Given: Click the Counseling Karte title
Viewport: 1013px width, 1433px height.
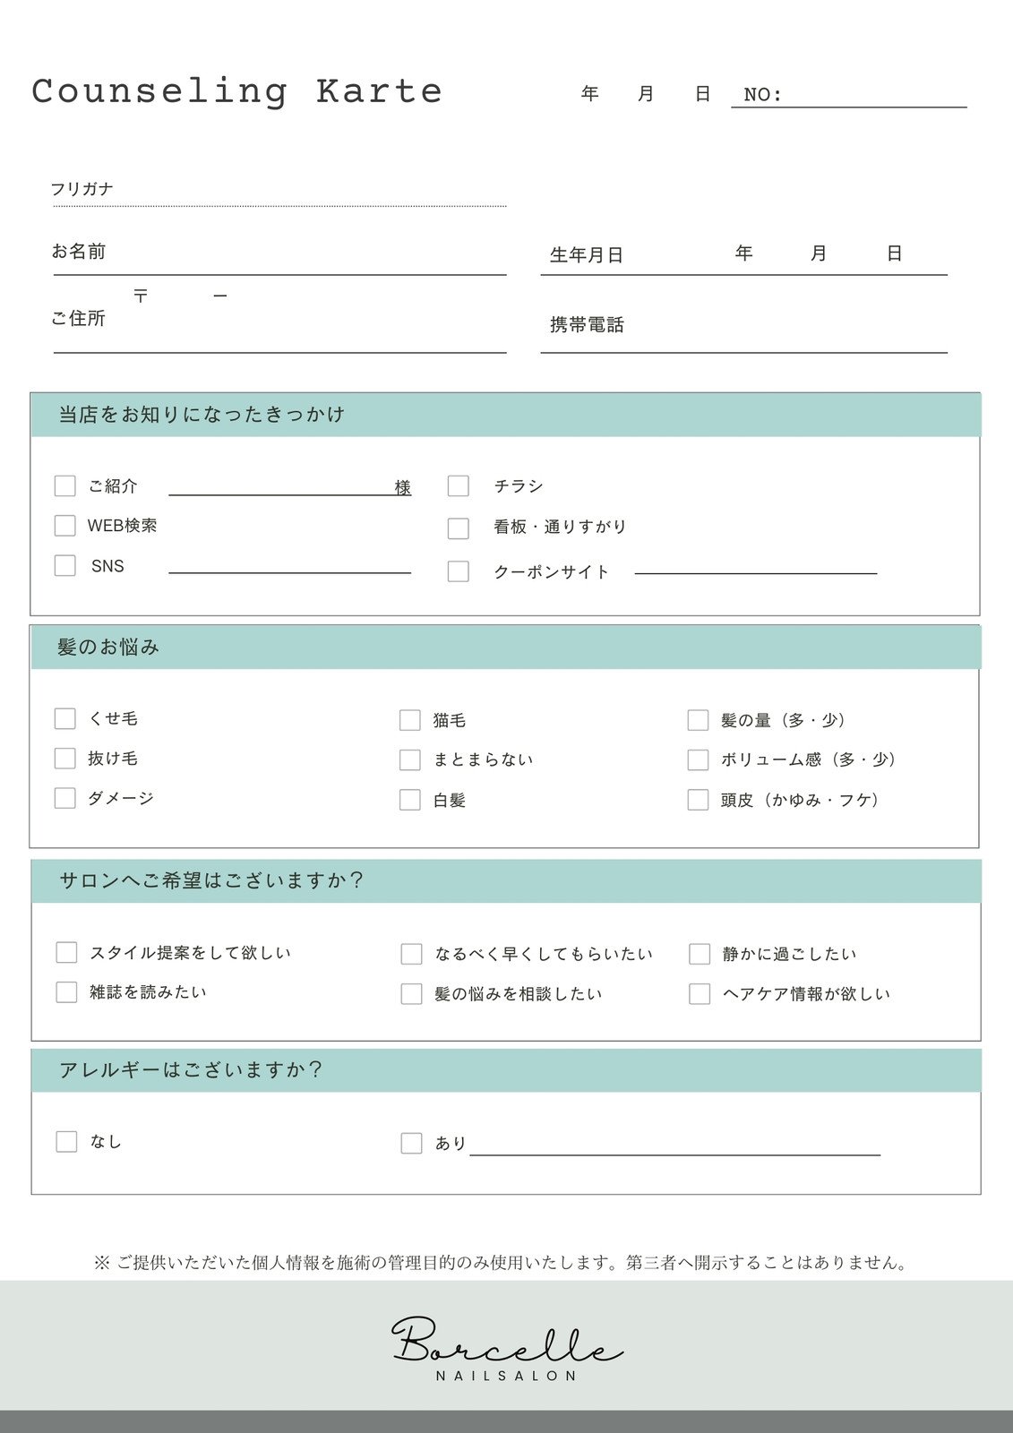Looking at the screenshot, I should point(237,91).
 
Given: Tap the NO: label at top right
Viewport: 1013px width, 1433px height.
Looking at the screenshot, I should point(763,95).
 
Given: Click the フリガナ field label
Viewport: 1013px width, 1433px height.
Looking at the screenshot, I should point(82,189).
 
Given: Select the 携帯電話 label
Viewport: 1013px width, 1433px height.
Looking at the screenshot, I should point(587,325).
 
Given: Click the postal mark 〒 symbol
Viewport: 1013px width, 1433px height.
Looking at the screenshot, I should point(141,296).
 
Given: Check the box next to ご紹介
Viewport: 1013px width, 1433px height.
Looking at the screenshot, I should point(64,485).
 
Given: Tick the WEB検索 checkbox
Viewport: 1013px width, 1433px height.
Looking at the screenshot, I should point(64,525).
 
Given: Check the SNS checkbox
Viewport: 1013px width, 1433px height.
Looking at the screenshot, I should point(64,565).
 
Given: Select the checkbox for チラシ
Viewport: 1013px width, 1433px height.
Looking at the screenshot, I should point(458,485).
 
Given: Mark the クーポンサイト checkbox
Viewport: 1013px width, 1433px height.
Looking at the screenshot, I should point(458,571).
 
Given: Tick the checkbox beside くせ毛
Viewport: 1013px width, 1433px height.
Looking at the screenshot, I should point(64,718).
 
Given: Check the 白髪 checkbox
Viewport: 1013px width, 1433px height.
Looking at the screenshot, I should point(409,800).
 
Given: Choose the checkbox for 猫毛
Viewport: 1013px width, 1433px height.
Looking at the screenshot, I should point(409,720).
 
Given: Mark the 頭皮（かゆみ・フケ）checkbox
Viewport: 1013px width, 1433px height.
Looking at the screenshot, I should point(698,800).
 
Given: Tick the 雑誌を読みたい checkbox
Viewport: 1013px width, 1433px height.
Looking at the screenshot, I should point(66,992).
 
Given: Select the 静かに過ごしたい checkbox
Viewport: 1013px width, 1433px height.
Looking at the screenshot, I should point(700,954).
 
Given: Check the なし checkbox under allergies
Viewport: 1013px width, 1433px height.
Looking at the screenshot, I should point(66,1141).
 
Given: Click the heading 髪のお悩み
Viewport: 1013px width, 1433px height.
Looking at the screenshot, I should point(108,647).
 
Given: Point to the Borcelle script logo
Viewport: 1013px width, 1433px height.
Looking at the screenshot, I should point(507,1341).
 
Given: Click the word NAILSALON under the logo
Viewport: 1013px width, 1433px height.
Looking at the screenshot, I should point(507,1376).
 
